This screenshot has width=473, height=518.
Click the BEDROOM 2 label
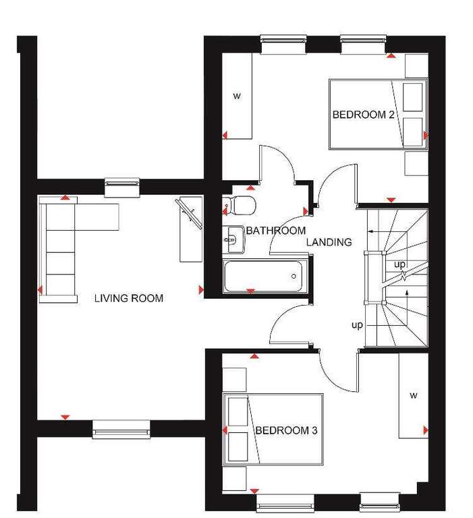(x=363, y=115)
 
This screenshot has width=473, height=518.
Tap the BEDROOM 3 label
(x=286, y=430)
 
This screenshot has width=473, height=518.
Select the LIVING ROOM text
(x=129, y=298)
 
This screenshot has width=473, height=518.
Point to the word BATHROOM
(x=276, y=230)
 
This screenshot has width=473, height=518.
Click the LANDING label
(x=329, y=242)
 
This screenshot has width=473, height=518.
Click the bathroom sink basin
(x=233, y=239)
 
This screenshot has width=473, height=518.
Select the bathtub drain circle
(x=294, y=276)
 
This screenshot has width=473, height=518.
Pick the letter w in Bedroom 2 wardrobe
(x=237, y=96)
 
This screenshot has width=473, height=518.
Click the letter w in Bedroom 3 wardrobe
(x=414, y=395)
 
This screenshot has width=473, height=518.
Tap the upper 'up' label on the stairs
(x=399, y=264)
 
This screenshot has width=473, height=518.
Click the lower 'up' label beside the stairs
(x=358, y=325)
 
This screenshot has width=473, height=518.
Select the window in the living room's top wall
(x=122, y=188)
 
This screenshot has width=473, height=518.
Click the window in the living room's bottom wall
(x=121, y=429)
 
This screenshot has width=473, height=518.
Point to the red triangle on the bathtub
(x=250, y=291)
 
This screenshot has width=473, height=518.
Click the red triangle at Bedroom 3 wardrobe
(x=426, y=430)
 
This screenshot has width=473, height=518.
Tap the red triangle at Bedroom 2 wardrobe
(x=225, y=135)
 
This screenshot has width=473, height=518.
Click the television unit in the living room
(x=191, y=229)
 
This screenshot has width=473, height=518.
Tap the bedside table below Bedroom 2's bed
(x=416, y=163)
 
